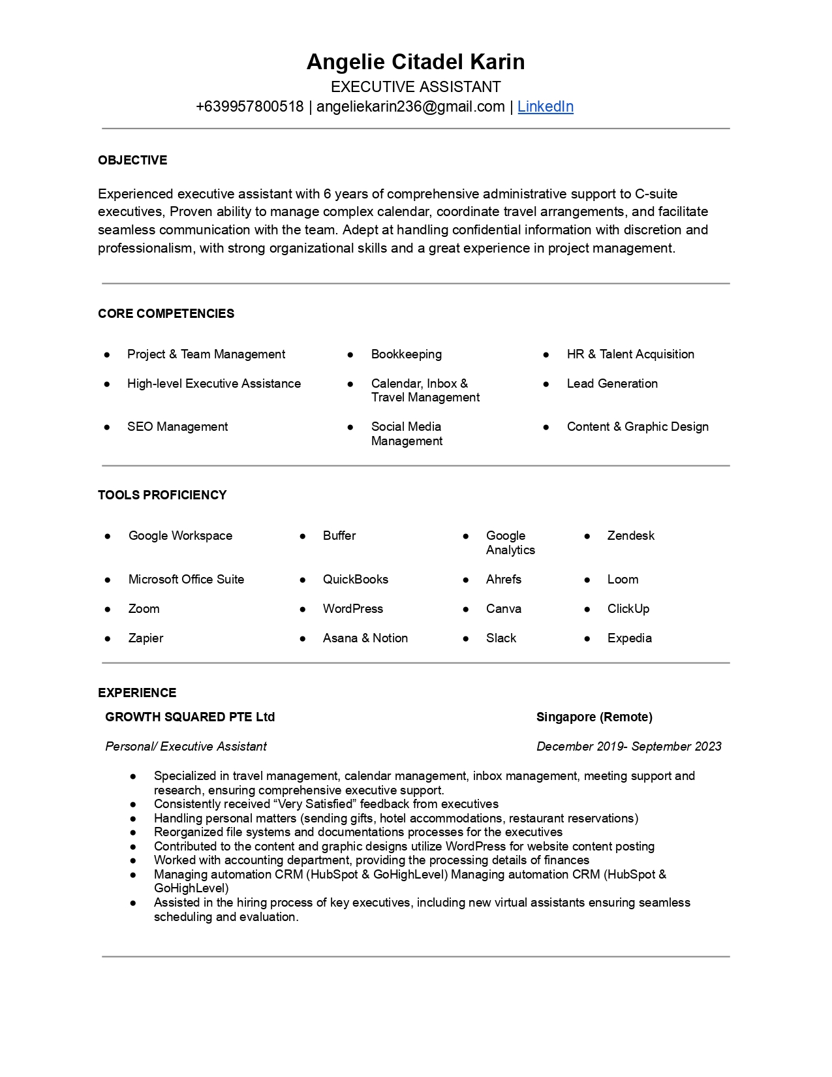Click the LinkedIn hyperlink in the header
tap(545, 106)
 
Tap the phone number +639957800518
tap(249, 106)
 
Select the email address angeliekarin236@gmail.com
tap(410, 106)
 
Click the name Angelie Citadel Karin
tap(416, 62)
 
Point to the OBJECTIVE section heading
tap(132, 160)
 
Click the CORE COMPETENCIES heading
tap(166, 313)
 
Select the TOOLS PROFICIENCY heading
tap(162, 495)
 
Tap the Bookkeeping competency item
tap(406, 354)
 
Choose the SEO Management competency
tap(177, 426)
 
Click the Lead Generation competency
tap(611, 383)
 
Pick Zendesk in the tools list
tap(630, 535)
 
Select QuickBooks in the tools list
tap(355, 579)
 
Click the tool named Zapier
tap(146, 638)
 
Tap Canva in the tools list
tap(503, 608)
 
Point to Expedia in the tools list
tap(629, 638)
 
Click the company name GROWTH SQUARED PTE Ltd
tap(190, 717)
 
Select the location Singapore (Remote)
tap(594, 717)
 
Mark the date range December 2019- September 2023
tap(628, 746)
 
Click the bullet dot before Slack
tap(466, 638)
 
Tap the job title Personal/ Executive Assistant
tap(186, 746)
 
